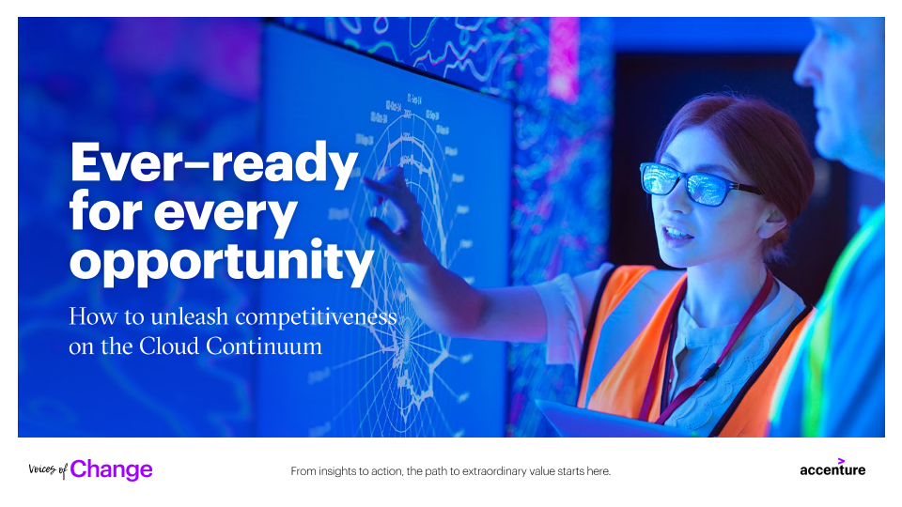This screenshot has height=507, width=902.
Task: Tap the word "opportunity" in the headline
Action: [x=222, y=262]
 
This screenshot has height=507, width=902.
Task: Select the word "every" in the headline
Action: [x=225, y=213]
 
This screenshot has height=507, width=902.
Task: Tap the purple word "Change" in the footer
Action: [x=111, y=469]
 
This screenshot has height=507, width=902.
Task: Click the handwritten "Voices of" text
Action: [x=48, y=469]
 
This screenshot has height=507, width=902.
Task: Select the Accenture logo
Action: [x=832, y=468]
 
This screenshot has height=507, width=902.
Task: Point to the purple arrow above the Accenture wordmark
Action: [x=841, y=460]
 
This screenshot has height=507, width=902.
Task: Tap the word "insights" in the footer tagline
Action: [x=337, y=471]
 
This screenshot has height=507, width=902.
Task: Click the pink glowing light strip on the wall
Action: [x=563, y=57]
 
